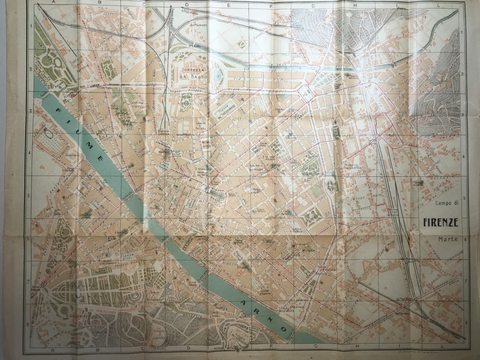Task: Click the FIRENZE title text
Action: pyautogui.click(x=440, y=223)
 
